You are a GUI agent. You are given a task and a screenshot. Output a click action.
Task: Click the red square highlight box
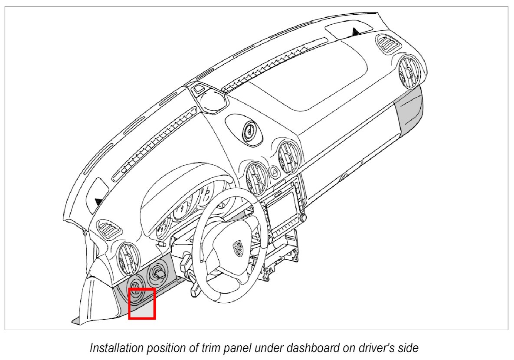point(142,304)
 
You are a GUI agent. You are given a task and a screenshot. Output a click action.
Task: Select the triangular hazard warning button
point(274,171)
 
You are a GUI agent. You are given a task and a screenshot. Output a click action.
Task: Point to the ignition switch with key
point(157,273)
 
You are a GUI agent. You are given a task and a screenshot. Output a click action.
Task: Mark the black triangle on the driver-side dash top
point(99,201)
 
